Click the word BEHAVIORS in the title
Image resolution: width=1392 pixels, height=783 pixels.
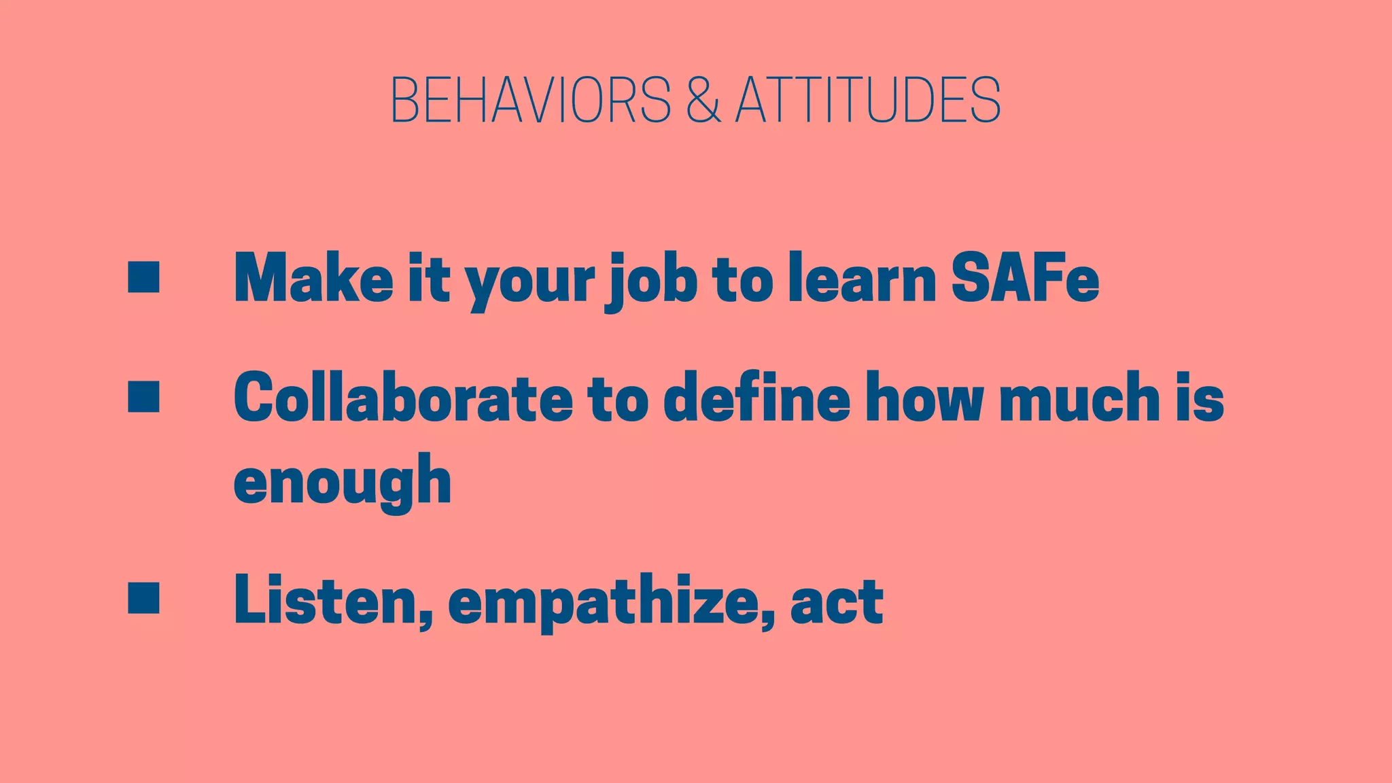531,100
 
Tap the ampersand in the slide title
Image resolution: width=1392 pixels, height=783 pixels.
703,100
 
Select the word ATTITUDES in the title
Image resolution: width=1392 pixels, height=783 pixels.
868,100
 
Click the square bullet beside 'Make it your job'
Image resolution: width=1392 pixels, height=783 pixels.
143,277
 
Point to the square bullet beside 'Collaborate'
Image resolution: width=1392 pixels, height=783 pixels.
143,396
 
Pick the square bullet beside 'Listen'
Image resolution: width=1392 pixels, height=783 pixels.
143,597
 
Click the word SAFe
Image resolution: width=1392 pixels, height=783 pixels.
1024,278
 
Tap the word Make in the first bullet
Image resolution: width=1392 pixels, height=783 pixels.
313,278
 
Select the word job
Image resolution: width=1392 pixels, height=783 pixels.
650,280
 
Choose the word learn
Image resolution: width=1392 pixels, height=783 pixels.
862,278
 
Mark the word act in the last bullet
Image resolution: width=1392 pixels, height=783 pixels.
837,600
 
